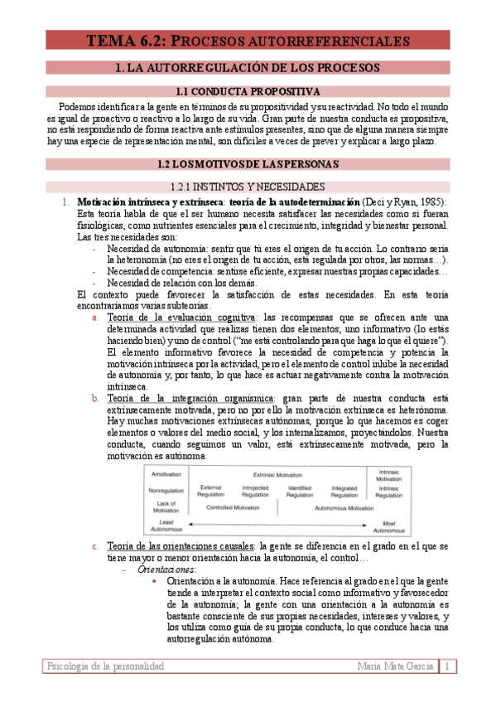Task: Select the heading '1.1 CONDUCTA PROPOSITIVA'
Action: [248, 91]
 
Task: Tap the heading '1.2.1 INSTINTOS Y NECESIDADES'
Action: [247, 187]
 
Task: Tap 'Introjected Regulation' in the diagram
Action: [255, 491]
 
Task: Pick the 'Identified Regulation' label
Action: [300, 491]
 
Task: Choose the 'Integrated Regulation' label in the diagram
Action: [344, 491]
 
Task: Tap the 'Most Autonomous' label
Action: [388, 526]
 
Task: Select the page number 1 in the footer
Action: [447, 666]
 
